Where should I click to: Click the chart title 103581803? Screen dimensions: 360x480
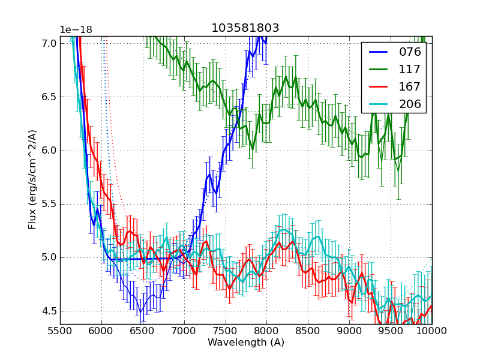point(245,28)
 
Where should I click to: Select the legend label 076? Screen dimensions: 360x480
point(410,52)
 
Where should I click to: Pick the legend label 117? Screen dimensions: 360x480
point(410,70)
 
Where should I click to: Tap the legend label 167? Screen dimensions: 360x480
point(410,87)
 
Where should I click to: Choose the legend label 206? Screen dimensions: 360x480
point(410,104)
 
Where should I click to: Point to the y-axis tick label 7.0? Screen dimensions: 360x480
point(50,43)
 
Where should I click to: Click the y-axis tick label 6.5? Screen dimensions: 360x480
point(50,97)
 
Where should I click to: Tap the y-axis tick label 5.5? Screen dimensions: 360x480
point(50,204)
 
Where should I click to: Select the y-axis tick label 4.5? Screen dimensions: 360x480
point(50,311)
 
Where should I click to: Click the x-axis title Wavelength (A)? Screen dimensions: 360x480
point(246,343)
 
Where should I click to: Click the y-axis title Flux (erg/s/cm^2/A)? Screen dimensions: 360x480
point(32,180)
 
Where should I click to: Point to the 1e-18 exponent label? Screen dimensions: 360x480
point(76,30)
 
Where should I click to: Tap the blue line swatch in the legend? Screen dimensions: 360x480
point(379,52)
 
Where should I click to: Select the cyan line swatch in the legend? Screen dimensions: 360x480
point(379,104)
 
